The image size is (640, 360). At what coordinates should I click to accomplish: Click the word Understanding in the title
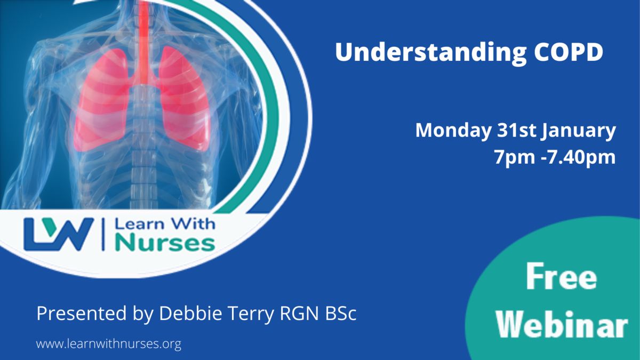[431, 53]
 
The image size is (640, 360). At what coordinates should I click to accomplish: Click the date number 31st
[517, 130]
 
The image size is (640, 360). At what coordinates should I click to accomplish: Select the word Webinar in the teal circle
[562, 324]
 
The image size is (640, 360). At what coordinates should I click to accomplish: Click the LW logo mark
[59, 234]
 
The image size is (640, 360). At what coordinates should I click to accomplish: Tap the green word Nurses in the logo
[165, 243]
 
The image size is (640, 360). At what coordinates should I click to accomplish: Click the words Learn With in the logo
[165, 223]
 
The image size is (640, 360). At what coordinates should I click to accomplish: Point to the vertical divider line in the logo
[103, 234]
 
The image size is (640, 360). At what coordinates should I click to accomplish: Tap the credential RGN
[299, 314]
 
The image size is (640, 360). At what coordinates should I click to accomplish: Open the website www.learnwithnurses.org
[109, 344]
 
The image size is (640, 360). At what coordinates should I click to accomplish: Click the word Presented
[82, 314]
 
